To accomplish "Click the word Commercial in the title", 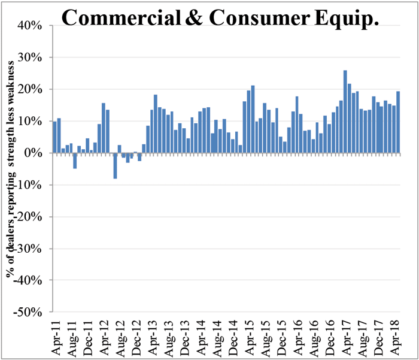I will (121, 17).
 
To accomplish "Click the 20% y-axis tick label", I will (30, 89).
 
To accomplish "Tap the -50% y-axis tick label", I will (28, 312).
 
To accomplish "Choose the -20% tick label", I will (28, 217).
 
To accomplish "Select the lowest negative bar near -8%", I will (115, 165).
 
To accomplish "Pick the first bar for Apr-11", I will (54, 137).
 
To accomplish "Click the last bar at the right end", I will (398, 122).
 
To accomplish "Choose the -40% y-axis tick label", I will (28, 280).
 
